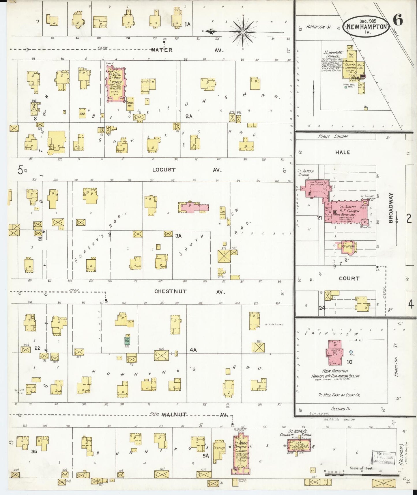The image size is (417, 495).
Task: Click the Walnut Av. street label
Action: (193, 415)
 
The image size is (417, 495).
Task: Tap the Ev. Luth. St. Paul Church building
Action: (116, 84)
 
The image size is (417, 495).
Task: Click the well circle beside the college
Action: (351, 352)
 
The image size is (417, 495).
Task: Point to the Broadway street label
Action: (391, 208)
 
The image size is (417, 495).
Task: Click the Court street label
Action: (349, 279)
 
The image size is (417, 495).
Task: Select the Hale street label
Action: (343, 152)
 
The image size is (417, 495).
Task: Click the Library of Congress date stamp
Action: (383, 458)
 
